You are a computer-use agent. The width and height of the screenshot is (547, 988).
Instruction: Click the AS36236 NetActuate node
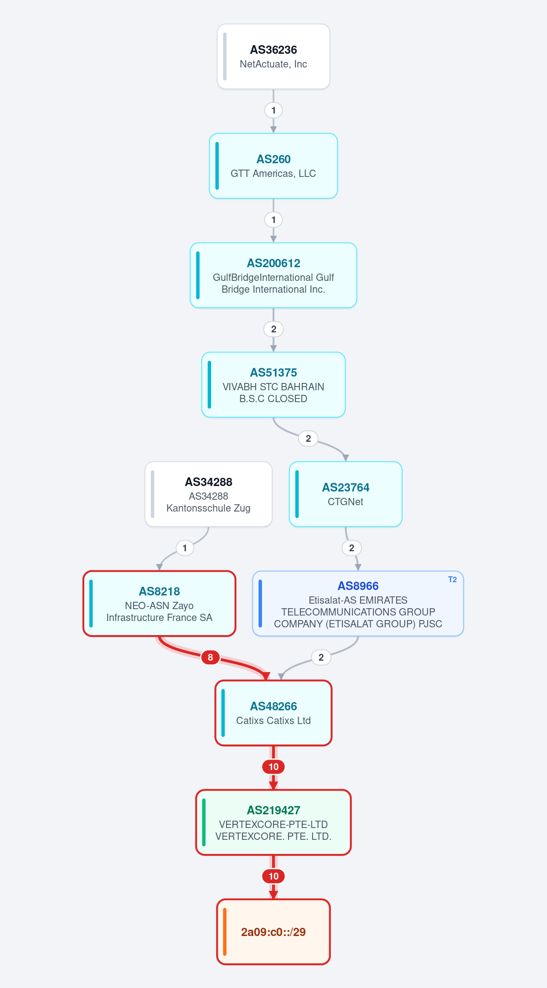coord(273,57)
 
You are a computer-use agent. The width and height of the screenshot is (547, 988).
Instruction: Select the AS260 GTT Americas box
coord(273,166)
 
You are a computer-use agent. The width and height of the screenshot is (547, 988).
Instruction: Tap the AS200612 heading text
coord(273,263)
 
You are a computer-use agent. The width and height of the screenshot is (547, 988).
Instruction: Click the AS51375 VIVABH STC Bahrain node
coord(273,385)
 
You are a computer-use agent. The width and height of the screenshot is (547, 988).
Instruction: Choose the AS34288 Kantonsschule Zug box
coord(209,494)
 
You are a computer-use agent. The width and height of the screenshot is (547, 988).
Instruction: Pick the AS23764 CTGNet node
coord(346,494)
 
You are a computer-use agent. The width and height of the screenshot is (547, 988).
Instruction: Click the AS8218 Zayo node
coord(160,604)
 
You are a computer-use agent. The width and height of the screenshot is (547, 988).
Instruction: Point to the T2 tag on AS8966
coord(452,579)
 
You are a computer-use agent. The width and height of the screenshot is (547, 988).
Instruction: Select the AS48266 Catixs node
coord(273,713)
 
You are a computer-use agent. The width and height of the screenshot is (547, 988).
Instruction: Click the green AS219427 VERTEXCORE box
coord(273,822)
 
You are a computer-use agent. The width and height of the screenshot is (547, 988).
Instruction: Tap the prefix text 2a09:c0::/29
coord(273,932)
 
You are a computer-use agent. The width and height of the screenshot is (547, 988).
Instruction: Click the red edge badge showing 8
coord(210,657)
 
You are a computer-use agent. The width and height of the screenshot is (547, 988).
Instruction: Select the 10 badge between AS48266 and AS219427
coord(273,767)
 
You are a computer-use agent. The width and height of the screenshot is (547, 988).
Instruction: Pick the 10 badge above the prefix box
coord(273,876)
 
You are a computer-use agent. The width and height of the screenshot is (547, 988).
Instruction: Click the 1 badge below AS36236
coord(273,110)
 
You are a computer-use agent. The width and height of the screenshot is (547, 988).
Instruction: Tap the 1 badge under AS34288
coord(185,548)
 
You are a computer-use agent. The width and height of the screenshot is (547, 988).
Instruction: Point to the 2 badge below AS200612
coord(273,329)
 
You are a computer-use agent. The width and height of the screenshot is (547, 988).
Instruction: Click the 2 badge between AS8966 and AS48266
coord(321,657)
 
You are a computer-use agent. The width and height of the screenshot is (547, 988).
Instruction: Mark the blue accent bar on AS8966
coord(260,604)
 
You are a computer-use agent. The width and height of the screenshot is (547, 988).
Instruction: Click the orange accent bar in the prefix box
coord(225,932)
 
